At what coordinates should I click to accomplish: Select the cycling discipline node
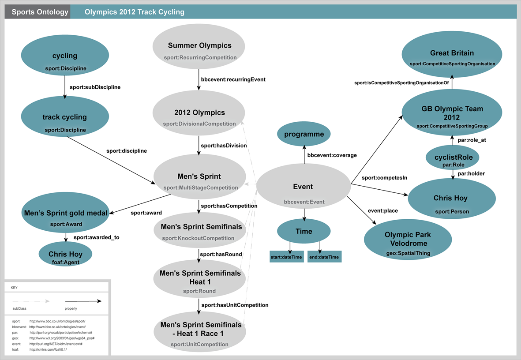tap(65, 60)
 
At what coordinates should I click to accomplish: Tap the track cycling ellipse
tap(65, 121)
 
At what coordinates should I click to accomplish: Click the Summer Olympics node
tap(199, 49)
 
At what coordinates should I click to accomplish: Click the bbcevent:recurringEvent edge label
tap(234, 80)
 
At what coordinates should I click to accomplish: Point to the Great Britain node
tap(452, 56)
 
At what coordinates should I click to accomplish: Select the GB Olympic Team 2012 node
tap(452, 116)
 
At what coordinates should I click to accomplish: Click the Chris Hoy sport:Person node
tap(450, 202)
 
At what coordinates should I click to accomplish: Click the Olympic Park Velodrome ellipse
tap(407, 242)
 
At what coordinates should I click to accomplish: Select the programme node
tap(304, 135)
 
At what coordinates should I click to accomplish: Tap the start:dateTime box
tap(286, 257)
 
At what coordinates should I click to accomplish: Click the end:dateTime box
tap(324, 257)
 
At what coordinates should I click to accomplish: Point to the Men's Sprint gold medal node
tap(65, 216)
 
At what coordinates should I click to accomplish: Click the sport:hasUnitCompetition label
tap(235, 305)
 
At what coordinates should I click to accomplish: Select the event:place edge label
tap(382, 211)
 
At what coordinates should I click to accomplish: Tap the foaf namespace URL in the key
tap(48, 349)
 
